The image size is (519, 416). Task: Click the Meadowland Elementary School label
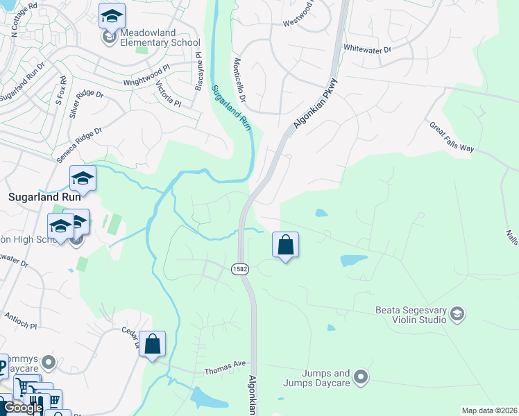(150, 37)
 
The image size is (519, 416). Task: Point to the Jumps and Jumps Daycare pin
(360, 377)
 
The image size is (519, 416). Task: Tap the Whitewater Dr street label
(368, 49)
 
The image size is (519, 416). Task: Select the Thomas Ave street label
(226, 372)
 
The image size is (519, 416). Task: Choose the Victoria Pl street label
(168, 94)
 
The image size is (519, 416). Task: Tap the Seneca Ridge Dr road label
(78, 144)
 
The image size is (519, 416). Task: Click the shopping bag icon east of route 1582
(285, 245)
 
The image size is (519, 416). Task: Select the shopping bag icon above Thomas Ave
(152, 344)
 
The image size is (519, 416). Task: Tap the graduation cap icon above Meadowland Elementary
(111, 15)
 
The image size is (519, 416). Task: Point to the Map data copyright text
(489, 410)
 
